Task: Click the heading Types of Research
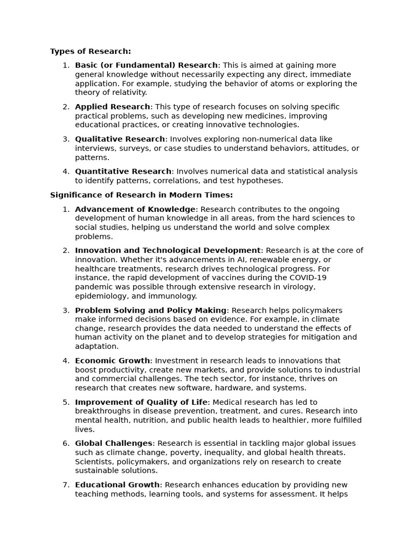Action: (91, 51)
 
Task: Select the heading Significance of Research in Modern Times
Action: (141, 195)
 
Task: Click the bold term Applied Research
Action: (113, 107)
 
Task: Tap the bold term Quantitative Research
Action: (123, 171)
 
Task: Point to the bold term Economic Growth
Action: (113, 361)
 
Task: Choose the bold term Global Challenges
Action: (114, 443)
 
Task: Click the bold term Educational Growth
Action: (118, 485)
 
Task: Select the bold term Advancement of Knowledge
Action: (135, 209)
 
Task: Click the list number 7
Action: (66, 485)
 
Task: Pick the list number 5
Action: (66, 402)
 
